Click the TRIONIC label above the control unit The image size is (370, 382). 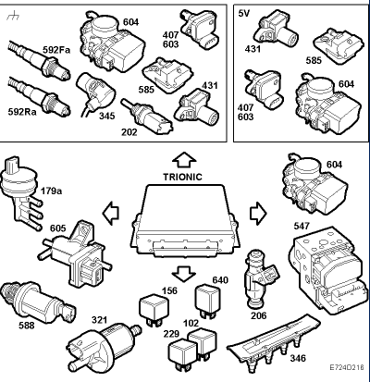(182, 177)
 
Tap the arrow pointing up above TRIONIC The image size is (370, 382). (184, 160)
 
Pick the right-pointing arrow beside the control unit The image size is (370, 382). (258, 214)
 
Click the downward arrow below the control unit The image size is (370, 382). (183, 273)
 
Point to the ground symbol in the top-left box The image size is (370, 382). (13, 15)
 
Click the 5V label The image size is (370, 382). (244, 13)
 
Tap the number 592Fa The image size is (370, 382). (56, 50)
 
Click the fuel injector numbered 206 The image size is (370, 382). (259, 278)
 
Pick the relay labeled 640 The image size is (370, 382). (207, 300)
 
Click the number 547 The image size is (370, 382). (302, 227)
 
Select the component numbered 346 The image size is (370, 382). (274, 342)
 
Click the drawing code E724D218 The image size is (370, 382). (347, 367)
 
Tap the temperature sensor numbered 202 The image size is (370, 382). (146, 116)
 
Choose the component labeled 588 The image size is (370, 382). (36, 301)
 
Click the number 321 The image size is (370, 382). (99, 320)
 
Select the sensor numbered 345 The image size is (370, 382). (94, 92)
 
